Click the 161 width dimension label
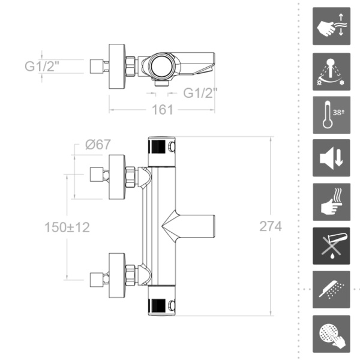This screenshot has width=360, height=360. pos(162,110)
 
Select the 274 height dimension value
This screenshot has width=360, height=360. pos(270,226)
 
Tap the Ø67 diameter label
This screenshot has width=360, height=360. pos(98,145)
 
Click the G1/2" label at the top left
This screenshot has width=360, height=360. pos(43,66)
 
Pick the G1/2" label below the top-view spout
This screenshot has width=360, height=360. pos(200,93)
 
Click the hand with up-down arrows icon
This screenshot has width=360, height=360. pos(331,26)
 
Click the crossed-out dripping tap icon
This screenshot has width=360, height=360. pos(331,246)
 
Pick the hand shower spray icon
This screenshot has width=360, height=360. pos(331,290)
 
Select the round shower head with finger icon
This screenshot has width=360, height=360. pos(331,334)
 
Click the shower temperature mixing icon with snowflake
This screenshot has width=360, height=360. pos(331,71)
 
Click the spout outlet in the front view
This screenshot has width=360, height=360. pos(195,227)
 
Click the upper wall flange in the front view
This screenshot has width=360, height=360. pos(116,176)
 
